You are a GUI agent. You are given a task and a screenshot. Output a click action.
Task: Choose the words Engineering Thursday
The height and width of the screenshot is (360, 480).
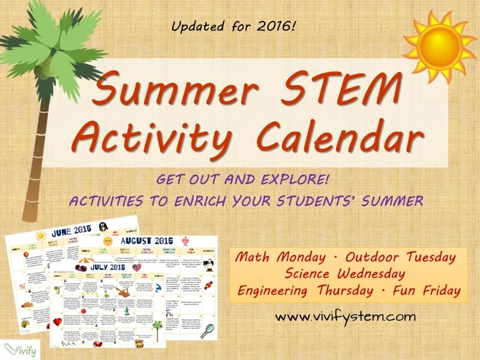click(310, 291)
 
